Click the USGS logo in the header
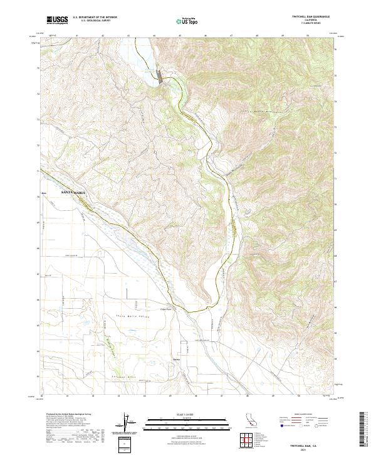57,20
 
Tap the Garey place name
176,360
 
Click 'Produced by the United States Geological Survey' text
68,415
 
